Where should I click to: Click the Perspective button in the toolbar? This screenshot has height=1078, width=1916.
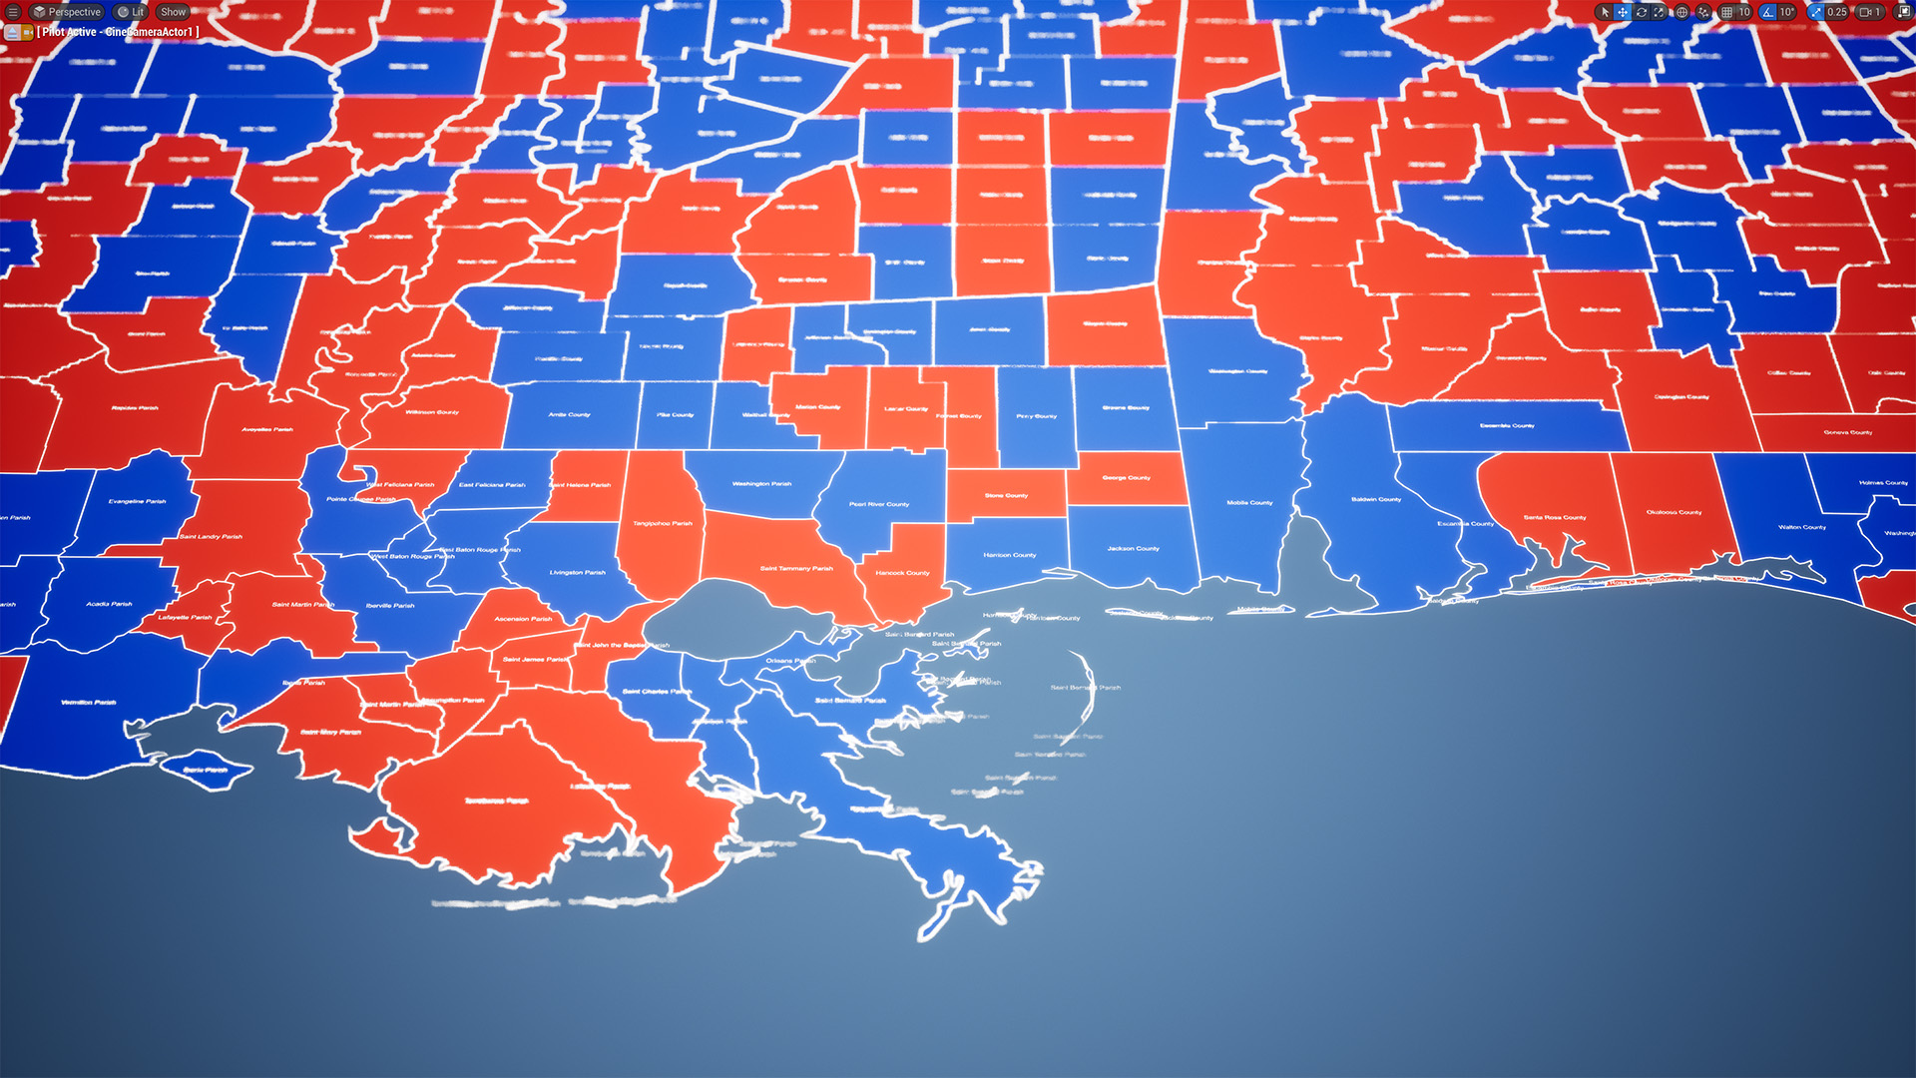(x=67, y=12)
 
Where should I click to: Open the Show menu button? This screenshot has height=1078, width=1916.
(x=173, y=12)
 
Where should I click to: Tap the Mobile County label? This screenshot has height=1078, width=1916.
(x=1249, y=503)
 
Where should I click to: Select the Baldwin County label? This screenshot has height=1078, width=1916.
(x=1376, y=499)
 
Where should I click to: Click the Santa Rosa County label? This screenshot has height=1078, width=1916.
(x=1554, y=518)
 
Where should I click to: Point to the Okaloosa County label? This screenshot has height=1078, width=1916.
(x=1674, y=513)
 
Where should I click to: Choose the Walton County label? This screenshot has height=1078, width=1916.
(x=1801, y=527)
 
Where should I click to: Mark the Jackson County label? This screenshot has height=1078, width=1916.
(x=1133, y=549)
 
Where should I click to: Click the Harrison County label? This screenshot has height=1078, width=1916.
(x=1009, y=555)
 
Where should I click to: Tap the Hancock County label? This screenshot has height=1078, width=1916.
(x=902, y=573)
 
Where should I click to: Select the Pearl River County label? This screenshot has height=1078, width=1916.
(x=879, y=504)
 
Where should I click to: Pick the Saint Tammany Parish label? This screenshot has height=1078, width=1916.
(x=796, y=569)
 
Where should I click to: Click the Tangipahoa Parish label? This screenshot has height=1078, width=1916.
(x=662, y=523)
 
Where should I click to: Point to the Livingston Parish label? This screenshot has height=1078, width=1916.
(x=577, y=573)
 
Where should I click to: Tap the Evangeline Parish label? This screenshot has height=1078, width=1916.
(x=138, y=502)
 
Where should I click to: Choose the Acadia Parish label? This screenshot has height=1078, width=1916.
(x=109, y=604)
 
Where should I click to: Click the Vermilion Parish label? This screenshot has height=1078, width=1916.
(x=89, y=703)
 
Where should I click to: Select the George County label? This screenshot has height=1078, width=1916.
(x=1126, y=478)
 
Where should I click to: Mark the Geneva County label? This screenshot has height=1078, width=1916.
(x=1847, y=433)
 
